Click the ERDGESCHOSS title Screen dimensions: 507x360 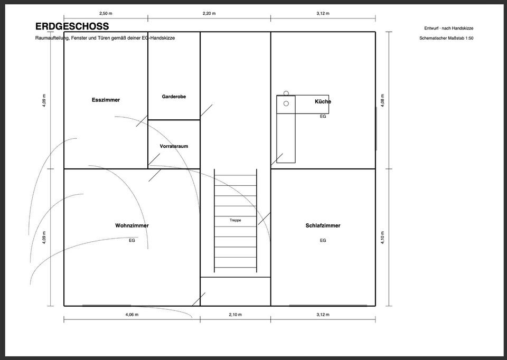click(x=72, y=26)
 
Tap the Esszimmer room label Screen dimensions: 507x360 click(x=106, y=100)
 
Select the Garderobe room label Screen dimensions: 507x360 click(x=174, y=96)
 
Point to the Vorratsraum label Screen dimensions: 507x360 click(x=174, y=146)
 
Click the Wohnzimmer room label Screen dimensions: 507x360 click(x=132, y=225)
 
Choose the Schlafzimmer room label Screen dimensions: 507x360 click(x=323, y=225)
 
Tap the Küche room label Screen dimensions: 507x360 click(x=323, y=101)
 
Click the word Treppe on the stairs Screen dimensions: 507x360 click(x=236, y=220)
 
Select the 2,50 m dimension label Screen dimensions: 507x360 click(x=106, y=14)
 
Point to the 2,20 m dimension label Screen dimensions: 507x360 click(x=209, y=14)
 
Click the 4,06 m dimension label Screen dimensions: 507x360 click(x=132, y=315)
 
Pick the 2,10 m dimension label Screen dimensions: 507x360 click(x=236, y=315)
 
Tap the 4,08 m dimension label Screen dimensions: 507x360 click(x=383, y=100)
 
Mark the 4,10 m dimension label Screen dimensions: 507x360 click(x=383, y=238)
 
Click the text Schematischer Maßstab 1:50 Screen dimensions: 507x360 click(x=446, y=38)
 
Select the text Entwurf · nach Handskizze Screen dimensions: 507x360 click(x=449, y=28)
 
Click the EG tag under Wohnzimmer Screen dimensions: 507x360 click(x=132, y=240)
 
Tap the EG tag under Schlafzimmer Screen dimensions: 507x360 click(x=323, y=240)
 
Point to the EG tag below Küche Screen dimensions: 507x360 click(x=323, y=116)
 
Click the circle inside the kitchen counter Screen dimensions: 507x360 click(x=286, y=104)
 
